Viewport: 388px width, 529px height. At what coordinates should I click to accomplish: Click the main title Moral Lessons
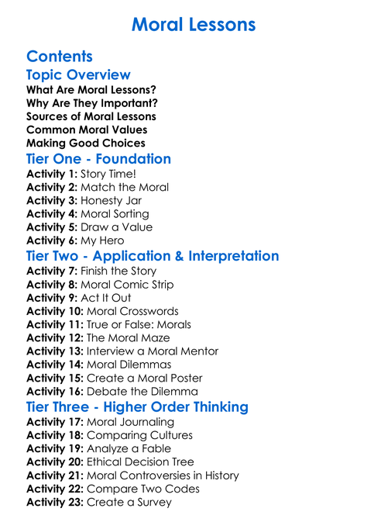pyautogui.click(x=194, y=25)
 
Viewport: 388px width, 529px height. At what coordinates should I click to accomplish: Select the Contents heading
pyautogui.click(x=60, y=57)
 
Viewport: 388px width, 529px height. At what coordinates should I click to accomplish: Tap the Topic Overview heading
pyautogui.click(x=78, y=75)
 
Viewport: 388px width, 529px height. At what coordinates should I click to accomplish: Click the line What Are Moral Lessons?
pyautogui.click(x=91, y=90)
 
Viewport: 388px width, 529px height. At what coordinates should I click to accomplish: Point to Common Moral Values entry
pyautogui.click(x=87, y=130)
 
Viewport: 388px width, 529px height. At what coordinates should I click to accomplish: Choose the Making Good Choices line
pyautogui.click(x=85, y=143)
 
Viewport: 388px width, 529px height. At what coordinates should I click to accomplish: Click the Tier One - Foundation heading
pyautogui.click(x=98, y=159)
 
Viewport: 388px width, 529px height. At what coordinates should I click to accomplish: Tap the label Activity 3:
pyautogui.click(x=51, y=200)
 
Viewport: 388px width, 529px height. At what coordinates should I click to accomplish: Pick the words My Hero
pyautogui.click(x=102, y=240)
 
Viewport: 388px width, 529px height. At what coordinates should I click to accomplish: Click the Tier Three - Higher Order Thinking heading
pyautogui.click(x=137, y=407)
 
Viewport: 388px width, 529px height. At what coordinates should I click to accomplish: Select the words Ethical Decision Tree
pyautogui.click(x=141, y=462)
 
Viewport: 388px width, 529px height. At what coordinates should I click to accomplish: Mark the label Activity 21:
pyautogui.click(x=54, y=475)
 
